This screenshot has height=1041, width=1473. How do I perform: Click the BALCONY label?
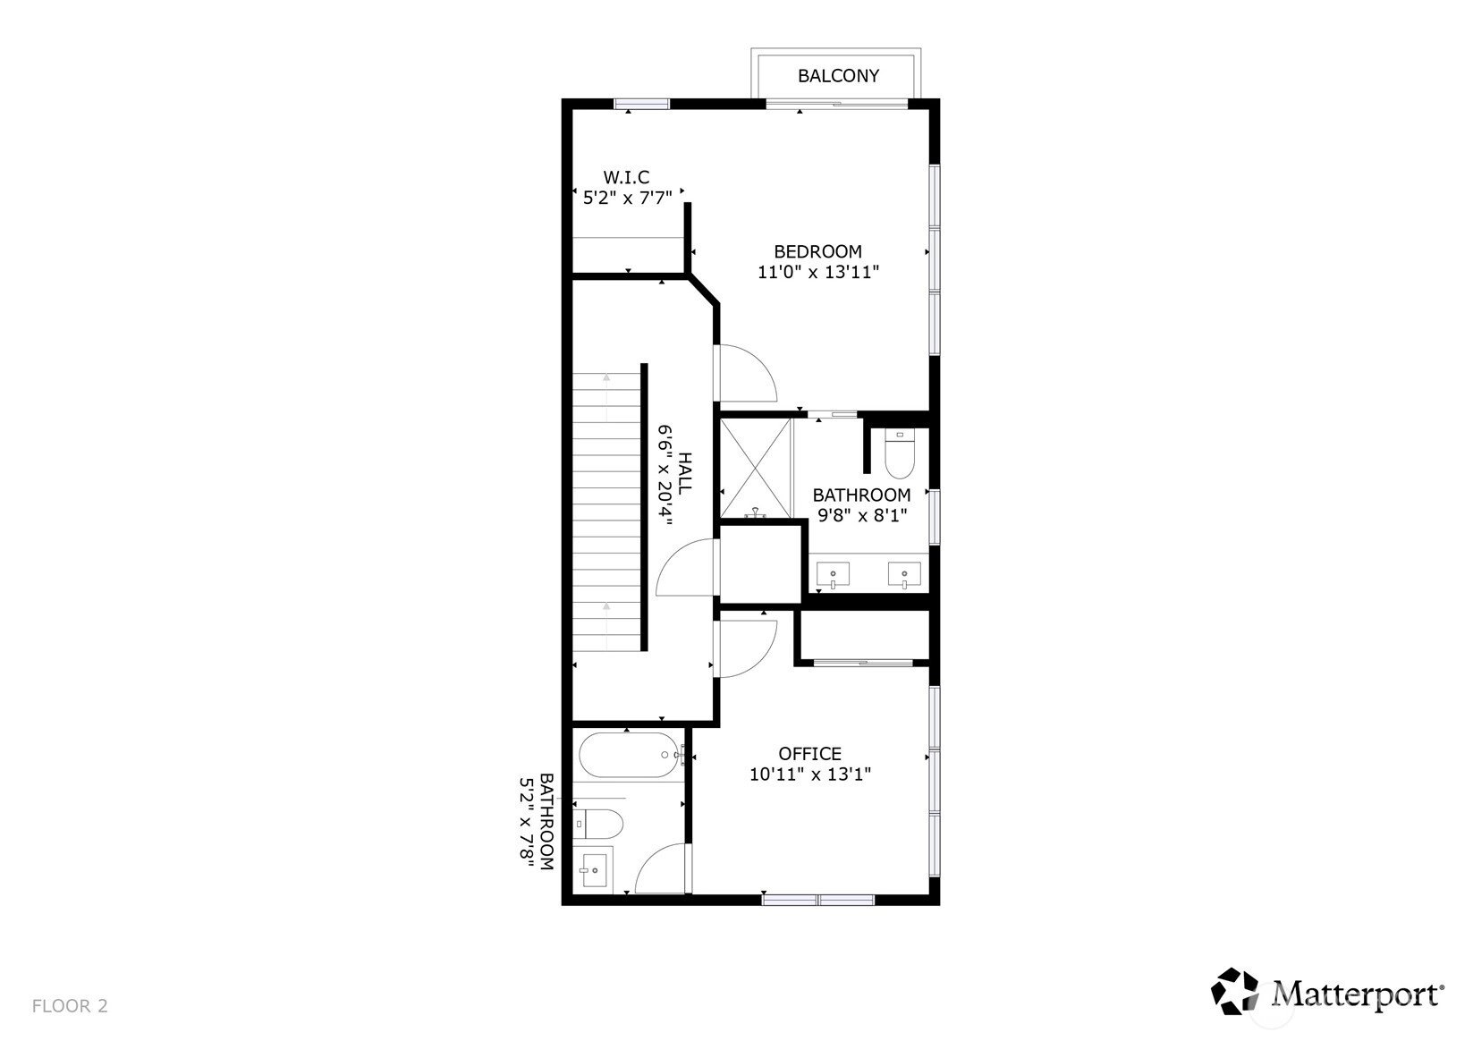tap(838, 76)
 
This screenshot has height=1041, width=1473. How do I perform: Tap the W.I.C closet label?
tap(627, 178)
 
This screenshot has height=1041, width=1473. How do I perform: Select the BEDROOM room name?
tap(818, 252)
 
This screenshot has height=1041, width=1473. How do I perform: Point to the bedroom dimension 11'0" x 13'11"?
tap(818, 272)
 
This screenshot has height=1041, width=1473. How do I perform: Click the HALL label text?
tap(684, 473)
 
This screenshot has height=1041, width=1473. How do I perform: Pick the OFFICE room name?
tap(810, 754)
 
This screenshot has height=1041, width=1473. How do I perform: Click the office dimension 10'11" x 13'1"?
tap(810, 774)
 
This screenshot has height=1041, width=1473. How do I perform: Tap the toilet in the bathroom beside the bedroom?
tap(900, 453)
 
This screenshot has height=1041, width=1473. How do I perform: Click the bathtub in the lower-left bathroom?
tap(631, 756)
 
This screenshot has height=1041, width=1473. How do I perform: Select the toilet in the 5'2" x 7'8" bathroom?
tap(597, 824)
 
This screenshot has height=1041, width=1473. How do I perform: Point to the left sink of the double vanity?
tap(833, 574)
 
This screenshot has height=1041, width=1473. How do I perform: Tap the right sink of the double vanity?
tap(904, 574)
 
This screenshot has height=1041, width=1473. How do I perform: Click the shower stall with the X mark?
tap(756, 469)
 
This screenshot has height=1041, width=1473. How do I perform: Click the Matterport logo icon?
tap(1234, 991)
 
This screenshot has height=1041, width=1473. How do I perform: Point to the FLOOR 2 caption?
tap(70, 1006)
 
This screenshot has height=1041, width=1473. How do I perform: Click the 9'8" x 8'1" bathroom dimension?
tap(862, 515)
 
